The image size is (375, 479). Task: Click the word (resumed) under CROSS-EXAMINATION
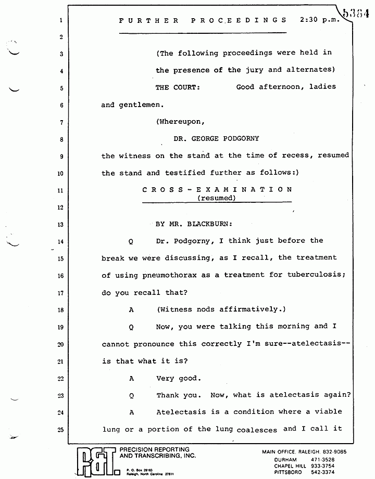click(x=217, y=198)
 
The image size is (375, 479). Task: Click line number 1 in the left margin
click(x=61, y=21)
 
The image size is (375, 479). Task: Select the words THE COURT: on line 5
click(x=178, y=87)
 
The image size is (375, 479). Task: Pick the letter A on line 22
click(x=132, y=378)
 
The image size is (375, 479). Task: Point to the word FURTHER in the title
click(x=149, y=20)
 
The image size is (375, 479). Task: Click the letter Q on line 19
click(x=132, y=327)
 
